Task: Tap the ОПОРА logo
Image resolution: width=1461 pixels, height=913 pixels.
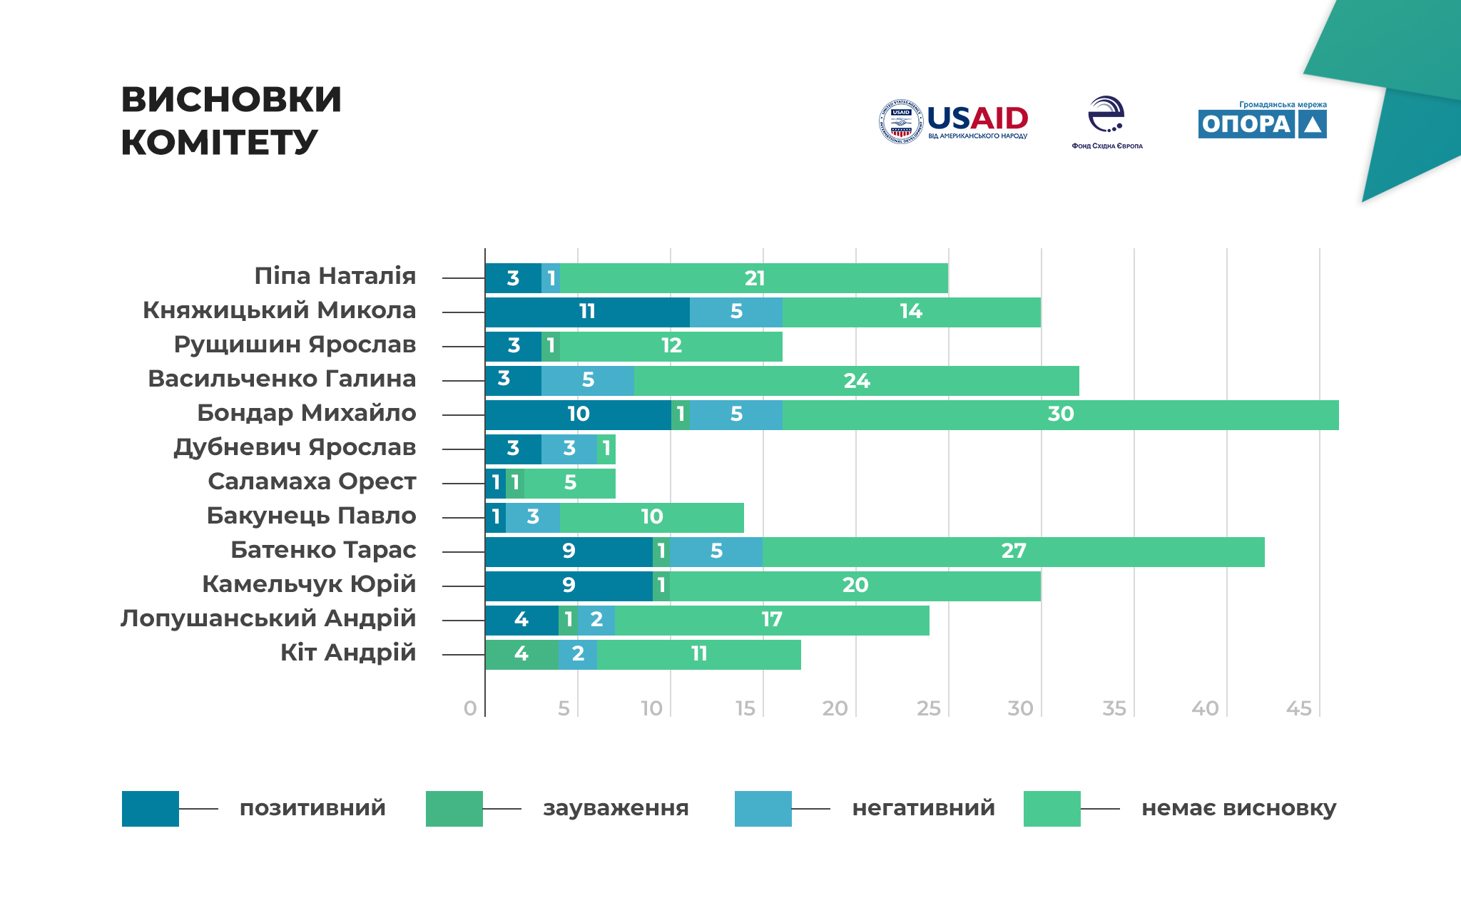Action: [x=1262, y=121]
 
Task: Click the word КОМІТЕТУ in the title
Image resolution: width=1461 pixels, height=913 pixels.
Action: [x=219, y=142]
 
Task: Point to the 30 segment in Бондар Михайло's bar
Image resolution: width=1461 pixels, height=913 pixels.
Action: [x=1060, y=415]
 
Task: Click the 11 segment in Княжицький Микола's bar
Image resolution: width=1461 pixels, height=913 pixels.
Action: [x=587, y=312]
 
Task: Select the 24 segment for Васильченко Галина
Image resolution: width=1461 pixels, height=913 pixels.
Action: [x=856, y=381]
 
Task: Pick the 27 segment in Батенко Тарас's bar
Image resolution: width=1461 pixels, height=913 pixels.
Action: [x=1013, y=552]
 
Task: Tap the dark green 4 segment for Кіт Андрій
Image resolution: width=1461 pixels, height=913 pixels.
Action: [x=521, y=655]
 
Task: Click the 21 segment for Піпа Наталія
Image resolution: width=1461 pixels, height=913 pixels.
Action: [x=754, y=278]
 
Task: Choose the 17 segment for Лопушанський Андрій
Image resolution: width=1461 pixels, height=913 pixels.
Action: [x=771, y=621]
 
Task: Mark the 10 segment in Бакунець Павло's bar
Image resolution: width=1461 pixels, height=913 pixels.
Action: [x=651, y=518]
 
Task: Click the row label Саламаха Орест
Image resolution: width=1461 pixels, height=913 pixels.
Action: [x=312, y=481]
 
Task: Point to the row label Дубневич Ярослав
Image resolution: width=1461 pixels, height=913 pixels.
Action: [x=295, y=447]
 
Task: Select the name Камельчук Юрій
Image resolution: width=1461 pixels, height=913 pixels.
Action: [x=309, y=584]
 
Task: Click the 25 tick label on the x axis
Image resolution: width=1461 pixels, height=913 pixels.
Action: [x=928, y=708]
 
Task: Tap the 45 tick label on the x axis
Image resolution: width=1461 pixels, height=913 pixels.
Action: [x=1298, y=708]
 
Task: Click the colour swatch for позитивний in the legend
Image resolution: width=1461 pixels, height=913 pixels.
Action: [x=150, y=809]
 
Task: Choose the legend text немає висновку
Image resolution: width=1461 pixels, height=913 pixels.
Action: [x=1238, y=808]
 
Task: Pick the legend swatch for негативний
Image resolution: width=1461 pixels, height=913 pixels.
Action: [x=763, y=809]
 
